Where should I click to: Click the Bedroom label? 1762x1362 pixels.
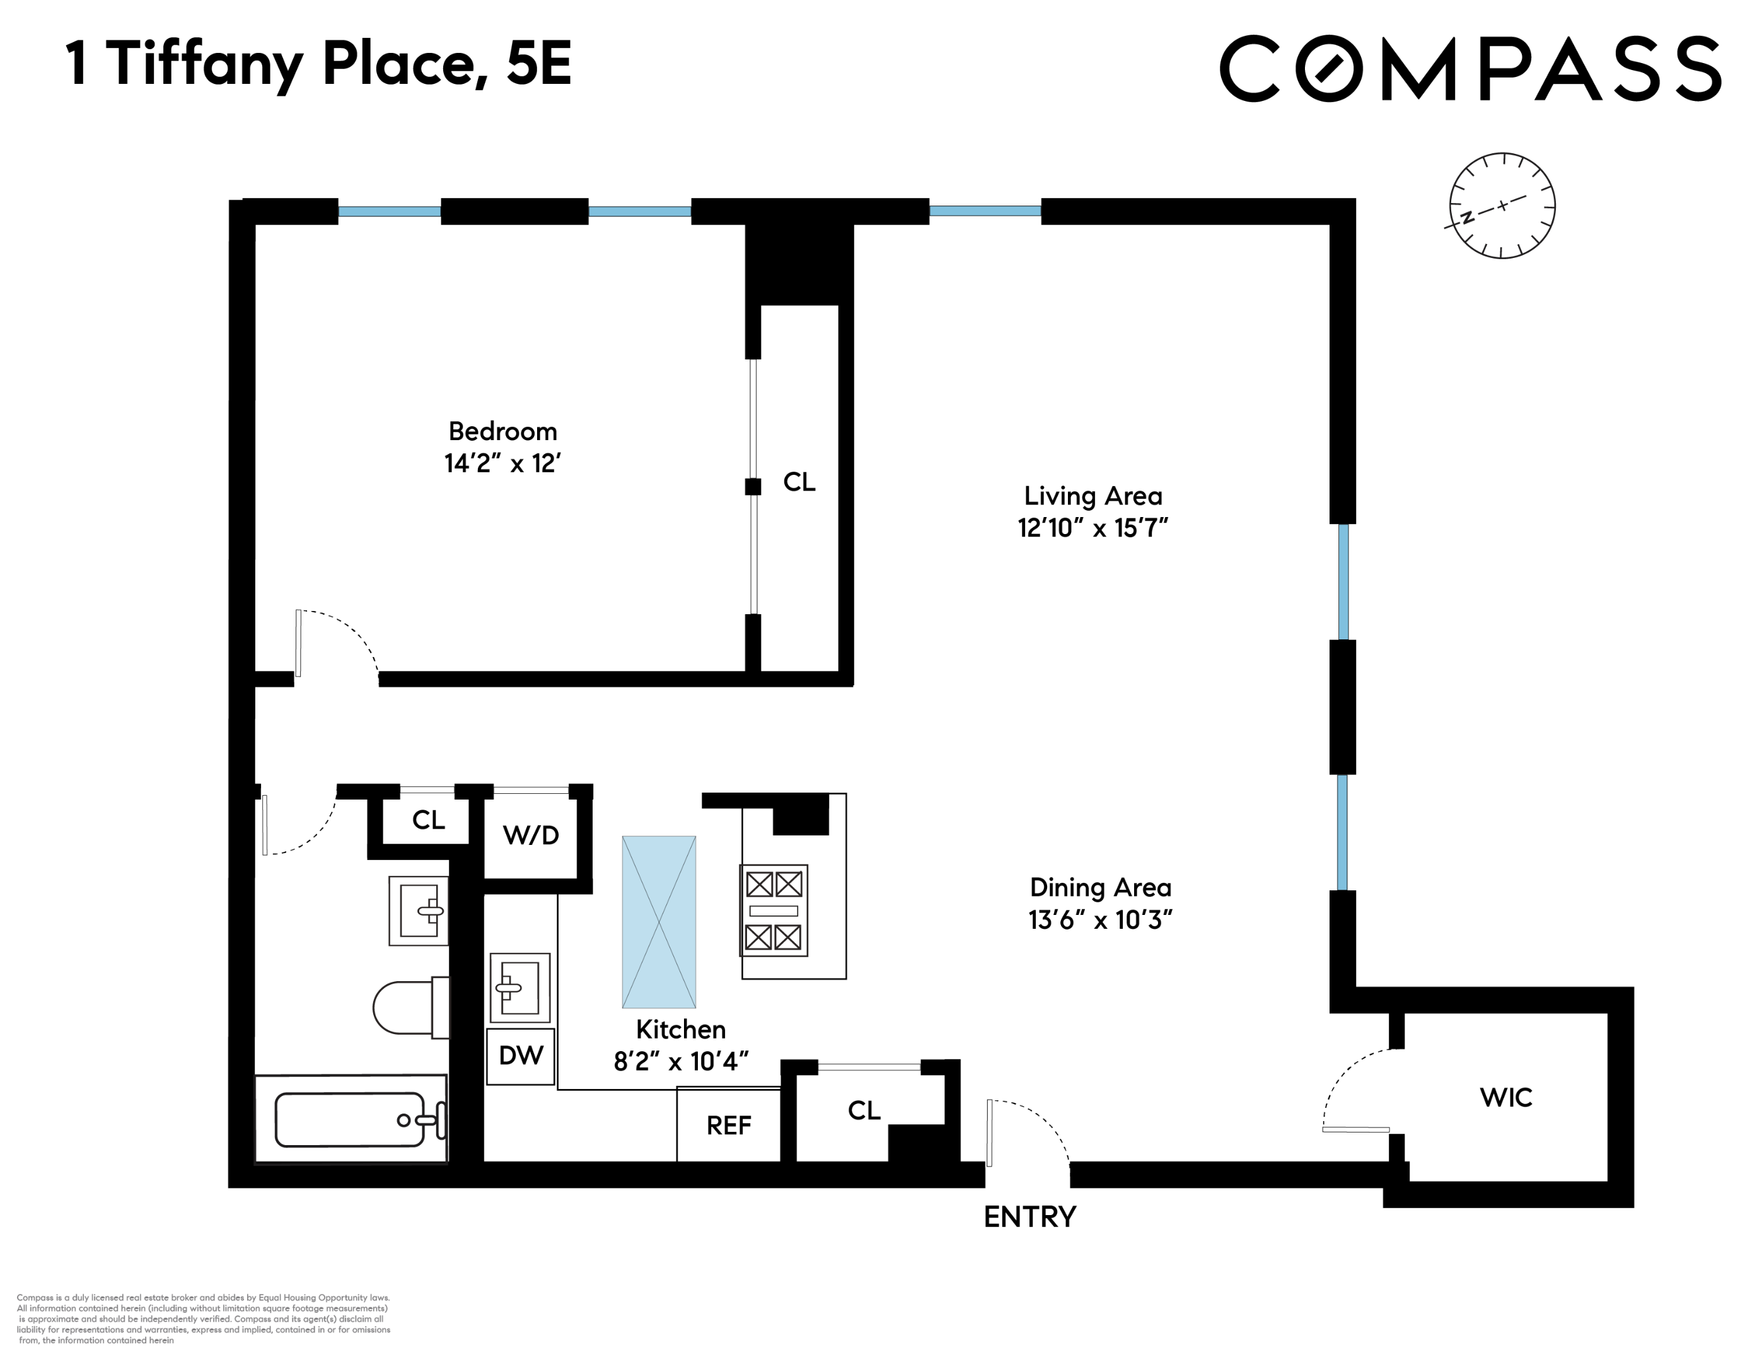[502, 432]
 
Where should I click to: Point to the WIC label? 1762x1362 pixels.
[1505, 1097]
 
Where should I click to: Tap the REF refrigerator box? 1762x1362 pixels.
[729, 1126]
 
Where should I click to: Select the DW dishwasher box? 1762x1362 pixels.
[520, 1056]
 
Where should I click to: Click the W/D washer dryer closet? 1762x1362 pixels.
[531, 835]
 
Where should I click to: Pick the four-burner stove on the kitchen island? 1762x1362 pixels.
[774, 910]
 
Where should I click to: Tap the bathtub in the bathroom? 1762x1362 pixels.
[351, 1119]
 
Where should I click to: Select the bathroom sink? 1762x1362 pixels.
[419, 910]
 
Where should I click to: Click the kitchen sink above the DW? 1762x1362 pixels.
[519, 987]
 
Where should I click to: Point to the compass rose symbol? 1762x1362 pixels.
[1502, 206]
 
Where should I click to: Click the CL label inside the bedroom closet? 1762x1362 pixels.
[799, 482]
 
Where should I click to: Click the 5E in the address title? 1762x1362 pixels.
[539, 64]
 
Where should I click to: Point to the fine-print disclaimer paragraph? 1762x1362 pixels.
[203, 1319]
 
